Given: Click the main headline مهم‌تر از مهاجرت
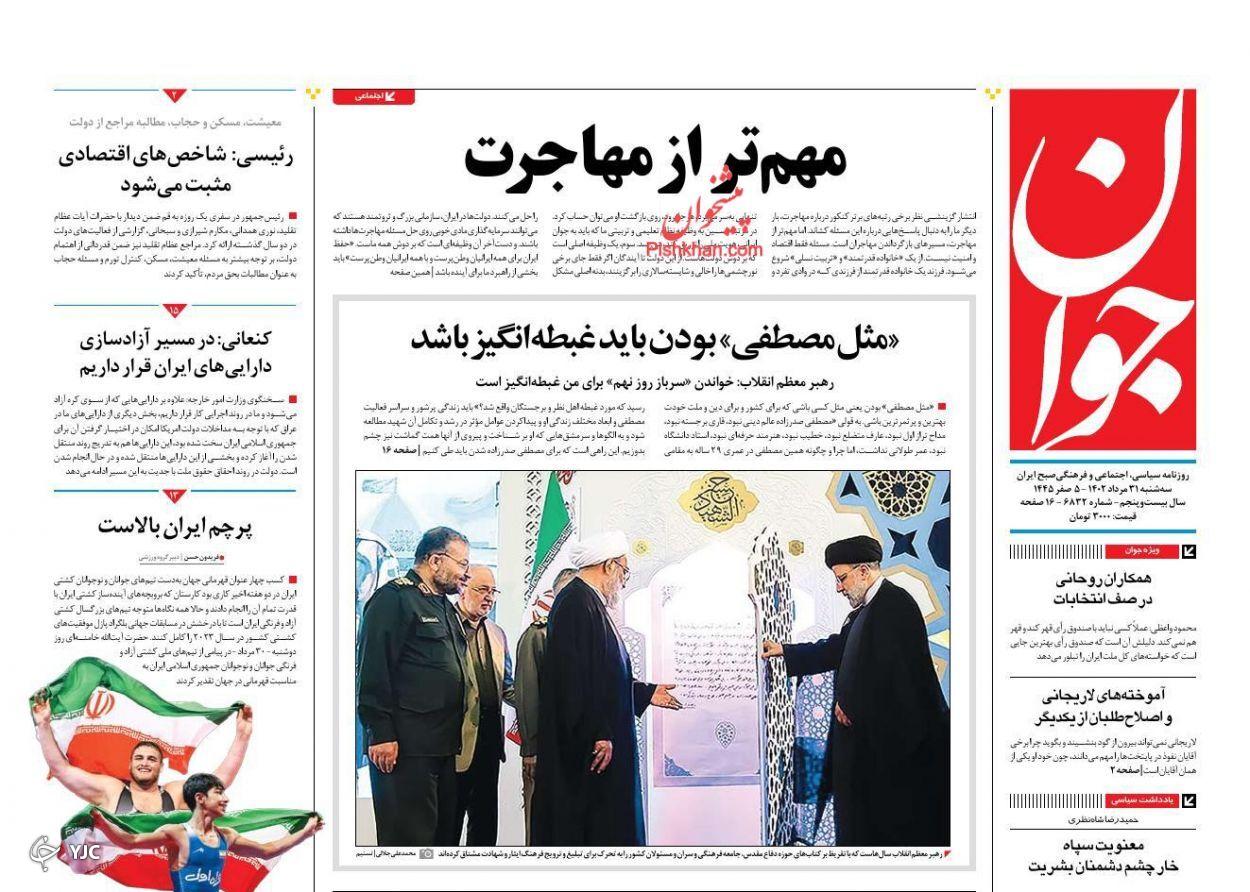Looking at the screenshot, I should click(x=655, y=158).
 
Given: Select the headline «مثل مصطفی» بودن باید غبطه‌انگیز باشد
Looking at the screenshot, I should click(x=654, y=339).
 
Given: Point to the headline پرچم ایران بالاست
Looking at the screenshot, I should click(x=175, y=527).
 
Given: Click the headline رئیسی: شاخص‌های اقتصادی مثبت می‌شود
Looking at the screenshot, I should click(x=175, y=170).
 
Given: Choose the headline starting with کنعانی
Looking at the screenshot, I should click(x=175, y=352).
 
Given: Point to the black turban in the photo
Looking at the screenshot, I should click(x=852, y=549).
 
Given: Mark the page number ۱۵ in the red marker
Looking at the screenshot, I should click(x=175, y=310).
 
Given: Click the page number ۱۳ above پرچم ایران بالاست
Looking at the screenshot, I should click(x=175, y=495).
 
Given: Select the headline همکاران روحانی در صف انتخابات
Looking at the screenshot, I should click(x=1102, y=588).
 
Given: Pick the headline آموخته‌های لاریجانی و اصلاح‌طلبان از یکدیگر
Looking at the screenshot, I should click(x=1102, y=706).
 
